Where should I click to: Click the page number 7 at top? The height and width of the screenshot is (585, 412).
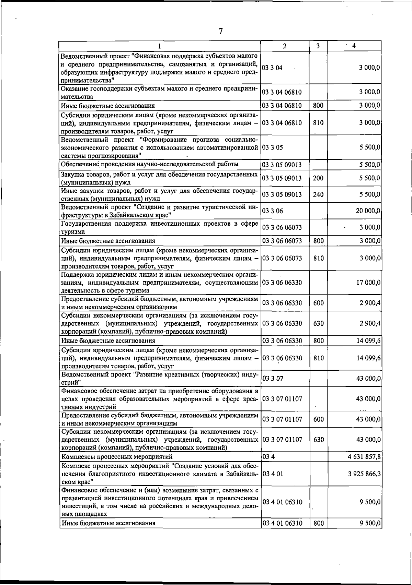tap(221, 31)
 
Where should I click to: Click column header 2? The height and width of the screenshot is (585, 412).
tap(285, 46)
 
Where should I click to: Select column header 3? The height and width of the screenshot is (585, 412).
tap(318, 46)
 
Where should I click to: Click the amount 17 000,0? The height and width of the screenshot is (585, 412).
tap(368, 283)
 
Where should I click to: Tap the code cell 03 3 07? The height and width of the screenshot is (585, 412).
tap(273, 379)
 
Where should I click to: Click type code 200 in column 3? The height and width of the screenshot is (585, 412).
tap(318, 178)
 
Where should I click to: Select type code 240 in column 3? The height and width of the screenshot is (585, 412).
tap(318, 194)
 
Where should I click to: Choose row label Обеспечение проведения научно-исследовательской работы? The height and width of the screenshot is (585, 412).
tap(150, 164)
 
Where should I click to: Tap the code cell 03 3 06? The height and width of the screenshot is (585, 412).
tap(273, 211)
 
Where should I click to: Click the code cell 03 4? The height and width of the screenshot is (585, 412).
tap(268, 457)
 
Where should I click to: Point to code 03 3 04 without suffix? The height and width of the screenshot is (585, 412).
tap(272, 68)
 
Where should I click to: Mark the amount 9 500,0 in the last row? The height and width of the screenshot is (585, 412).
tap(370, 533)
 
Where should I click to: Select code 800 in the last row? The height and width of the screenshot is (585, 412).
tap(318, 533)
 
